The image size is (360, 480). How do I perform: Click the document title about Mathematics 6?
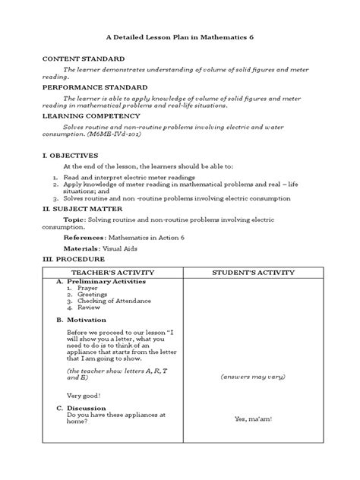click(x=180, y=38)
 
